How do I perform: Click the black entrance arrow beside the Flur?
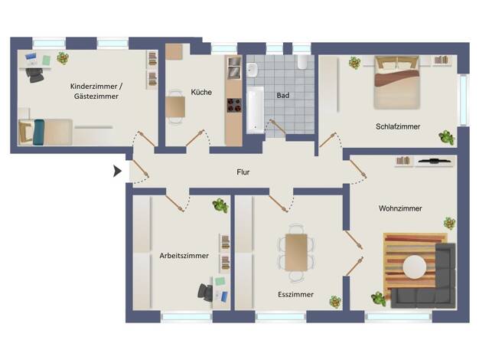pyautogui.click(x=117, y=172)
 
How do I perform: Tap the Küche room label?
pyautogui.click(x=201, y=92)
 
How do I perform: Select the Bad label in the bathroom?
pyautogui.click(x=283, y=96)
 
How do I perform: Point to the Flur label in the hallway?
pyautogui.click(x=243, y=172)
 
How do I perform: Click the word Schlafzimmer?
pyautogui.click(x=398, y=126)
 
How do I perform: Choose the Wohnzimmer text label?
pyautogui.click(x=400, y=208)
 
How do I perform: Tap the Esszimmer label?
pyautogui.click(x=295, y=295)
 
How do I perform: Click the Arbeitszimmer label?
pyautogui.click(x=184, y=256)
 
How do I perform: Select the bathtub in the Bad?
pyautogui.click(x=255, y=110)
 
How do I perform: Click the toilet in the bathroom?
pyautogui.click(x=302, y=61)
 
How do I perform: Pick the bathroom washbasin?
pyautogui.click(x=253, y=70)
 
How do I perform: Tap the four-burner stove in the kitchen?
pyautogui.click(x=234, y=105)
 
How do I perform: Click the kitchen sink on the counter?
pyautogui.click(x=235, y=67)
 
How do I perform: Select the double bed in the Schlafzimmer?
pyautogui.click(x=397, y=82)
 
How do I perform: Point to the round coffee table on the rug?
pyautogui.click(x=414, y=267)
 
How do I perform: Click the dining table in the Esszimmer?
pyautogui.click(x=296, y=252)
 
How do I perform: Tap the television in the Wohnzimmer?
pyautogui.click(x=434, y=160)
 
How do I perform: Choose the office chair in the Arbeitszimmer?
pyautogui.click(x=205, y=292)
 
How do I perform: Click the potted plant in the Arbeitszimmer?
pyautogui.click(x=220, y=205)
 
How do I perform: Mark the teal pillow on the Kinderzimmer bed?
pyautogui.click(x=39, y=133)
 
